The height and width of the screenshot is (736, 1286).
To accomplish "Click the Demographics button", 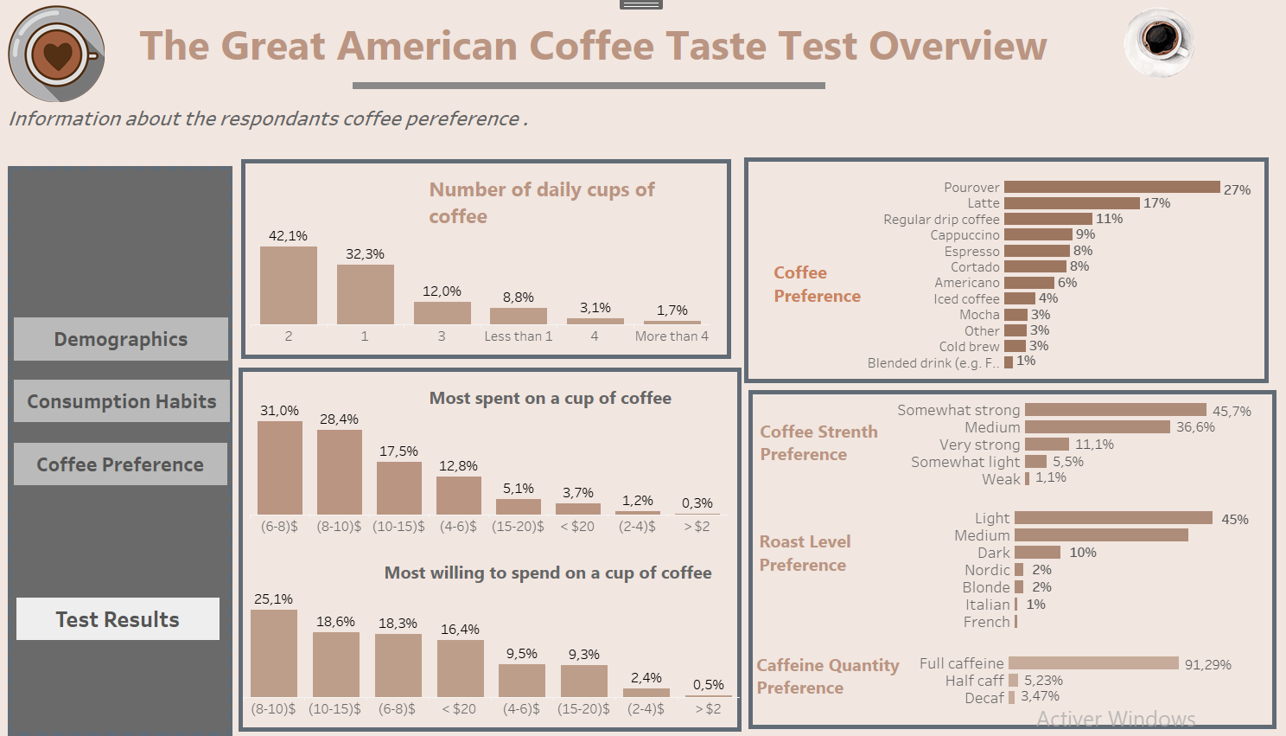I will [x=121, y=339].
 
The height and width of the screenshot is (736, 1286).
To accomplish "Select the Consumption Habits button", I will [x=122, y=401].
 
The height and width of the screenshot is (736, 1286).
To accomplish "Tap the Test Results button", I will [x=118, y=619].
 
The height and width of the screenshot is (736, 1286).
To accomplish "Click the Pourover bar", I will [x=1111, y=188].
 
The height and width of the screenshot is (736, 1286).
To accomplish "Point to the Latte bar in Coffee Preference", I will [x=1071, y=203].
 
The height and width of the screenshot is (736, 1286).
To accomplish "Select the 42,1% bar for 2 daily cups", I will [x=289, y=285].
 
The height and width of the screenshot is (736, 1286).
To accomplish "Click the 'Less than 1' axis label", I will [x=518, y=336].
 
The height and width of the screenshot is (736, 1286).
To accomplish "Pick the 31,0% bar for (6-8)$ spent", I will [x=280, y=468].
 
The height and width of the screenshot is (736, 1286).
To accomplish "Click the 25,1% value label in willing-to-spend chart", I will [x=273, y=598].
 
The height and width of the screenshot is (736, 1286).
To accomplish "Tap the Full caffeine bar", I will [x=1093, y=663].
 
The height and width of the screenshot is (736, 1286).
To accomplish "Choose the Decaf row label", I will [x=984, y=698].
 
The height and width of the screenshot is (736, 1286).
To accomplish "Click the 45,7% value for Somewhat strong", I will [x=1232, y=412].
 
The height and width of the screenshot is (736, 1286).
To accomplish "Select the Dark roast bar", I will [x=1037, y=553].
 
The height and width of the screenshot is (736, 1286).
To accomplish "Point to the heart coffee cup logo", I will [x=56, y=54].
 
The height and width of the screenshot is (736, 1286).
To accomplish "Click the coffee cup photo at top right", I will [x=1159, y=41].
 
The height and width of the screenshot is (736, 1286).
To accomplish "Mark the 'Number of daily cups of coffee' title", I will [x=542, y=202].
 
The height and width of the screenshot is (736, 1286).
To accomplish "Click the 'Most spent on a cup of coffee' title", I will [x=551, y=398].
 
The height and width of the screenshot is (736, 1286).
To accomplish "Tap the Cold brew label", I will [x=969, y=347].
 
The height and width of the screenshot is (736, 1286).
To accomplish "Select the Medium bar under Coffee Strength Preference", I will [x=1097, y=427].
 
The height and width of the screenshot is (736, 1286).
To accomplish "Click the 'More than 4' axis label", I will [x=672, y=336].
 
